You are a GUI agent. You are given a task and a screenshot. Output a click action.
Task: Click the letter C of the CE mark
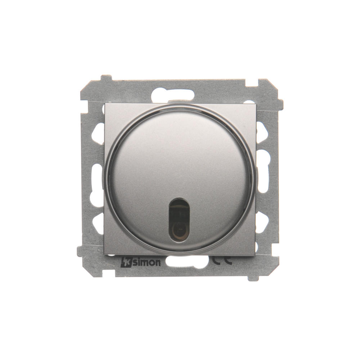(216, 260)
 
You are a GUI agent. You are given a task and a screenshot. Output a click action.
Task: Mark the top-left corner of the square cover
(104, 103)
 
